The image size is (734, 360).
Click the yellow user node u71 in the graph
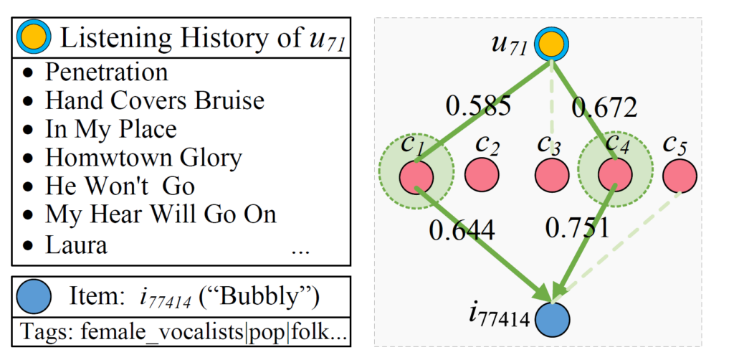[x=550, y=45]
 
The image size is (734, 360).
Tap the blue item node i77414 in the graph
[x=552, y=318]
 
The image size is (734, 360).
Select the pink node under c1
[x=415, y=176]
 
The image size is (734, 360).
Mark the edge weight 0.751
[x=577, y=228]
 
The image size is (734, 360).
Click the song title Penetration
[x=107, y=72]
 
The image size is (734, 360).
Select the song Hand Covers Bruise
[x=154, y=100]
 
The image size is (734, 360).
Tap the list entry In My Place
[x=110, y=129]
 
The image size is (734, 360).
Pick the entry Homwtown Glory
[x=143, y=157]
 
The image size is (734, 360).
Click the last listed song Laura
[x=76, y=245]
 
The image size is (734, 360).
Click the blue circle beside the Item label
[x=37, y=295]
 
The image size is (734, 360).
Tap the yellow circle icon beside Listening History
[x=34, y=37]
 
